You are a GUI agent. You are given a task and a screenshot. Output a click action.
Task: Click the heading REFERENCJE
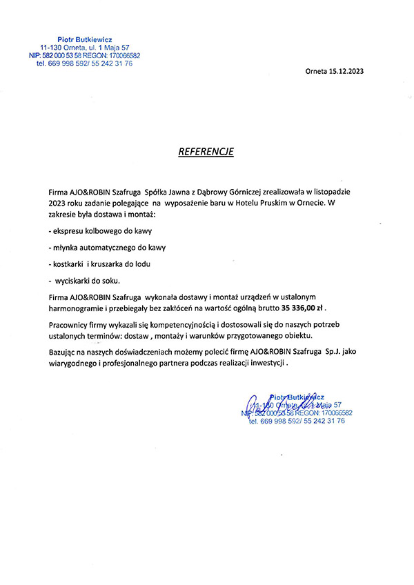coord(206,152)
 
